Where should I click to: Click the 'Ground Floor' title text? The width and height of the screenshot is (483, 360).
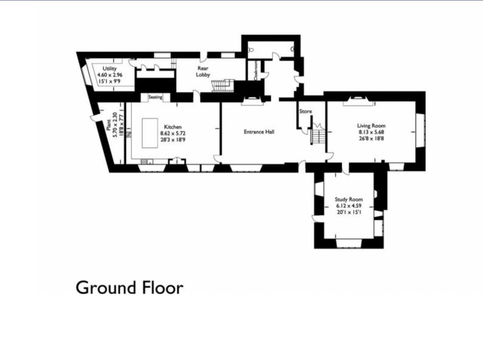[x=129, y=288]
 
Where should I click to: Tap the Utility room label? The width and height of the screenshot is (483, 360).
[x=109, y=69]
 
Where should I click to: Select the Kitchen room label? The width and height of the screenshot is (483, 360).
[x=172, y=127]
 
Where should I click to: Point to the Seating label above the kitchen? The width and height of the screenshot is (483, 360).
[x=155, y=97]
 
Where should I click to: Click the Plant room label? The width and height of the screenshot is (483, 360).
[x=109, y=125]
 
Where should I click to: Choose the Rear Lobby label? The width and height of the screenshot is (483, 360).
[x=203, y=72]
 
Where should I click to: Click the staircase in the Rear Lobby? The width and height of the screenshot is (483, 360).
[x=223, y=85]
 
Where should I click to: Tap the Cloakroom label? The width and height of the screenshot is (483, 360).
[x=255, y=71]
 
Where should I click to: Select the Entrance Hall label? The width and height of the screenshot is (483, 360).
[x=259, y=132]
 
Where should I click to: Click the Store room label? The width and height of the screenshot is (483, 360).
[x=305, y=111]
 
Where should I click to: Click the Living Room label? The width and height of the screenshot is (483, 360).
[x=371, y=126]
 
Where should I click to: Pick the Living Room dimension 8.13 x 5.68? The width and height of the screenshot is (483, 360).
[x=371, y=132]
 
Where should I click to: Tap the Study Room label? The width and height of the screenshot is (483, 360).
[x=349, y=200]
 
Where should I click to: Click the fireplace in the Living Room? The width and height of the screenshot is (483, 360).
[x=357, y=102]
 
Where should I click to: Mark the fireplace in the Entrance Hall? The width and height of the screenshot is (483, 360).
[x=252, y=102]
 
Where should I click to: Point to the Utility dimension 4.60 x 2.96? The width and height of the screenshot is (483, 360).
[x=109, y=75]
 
